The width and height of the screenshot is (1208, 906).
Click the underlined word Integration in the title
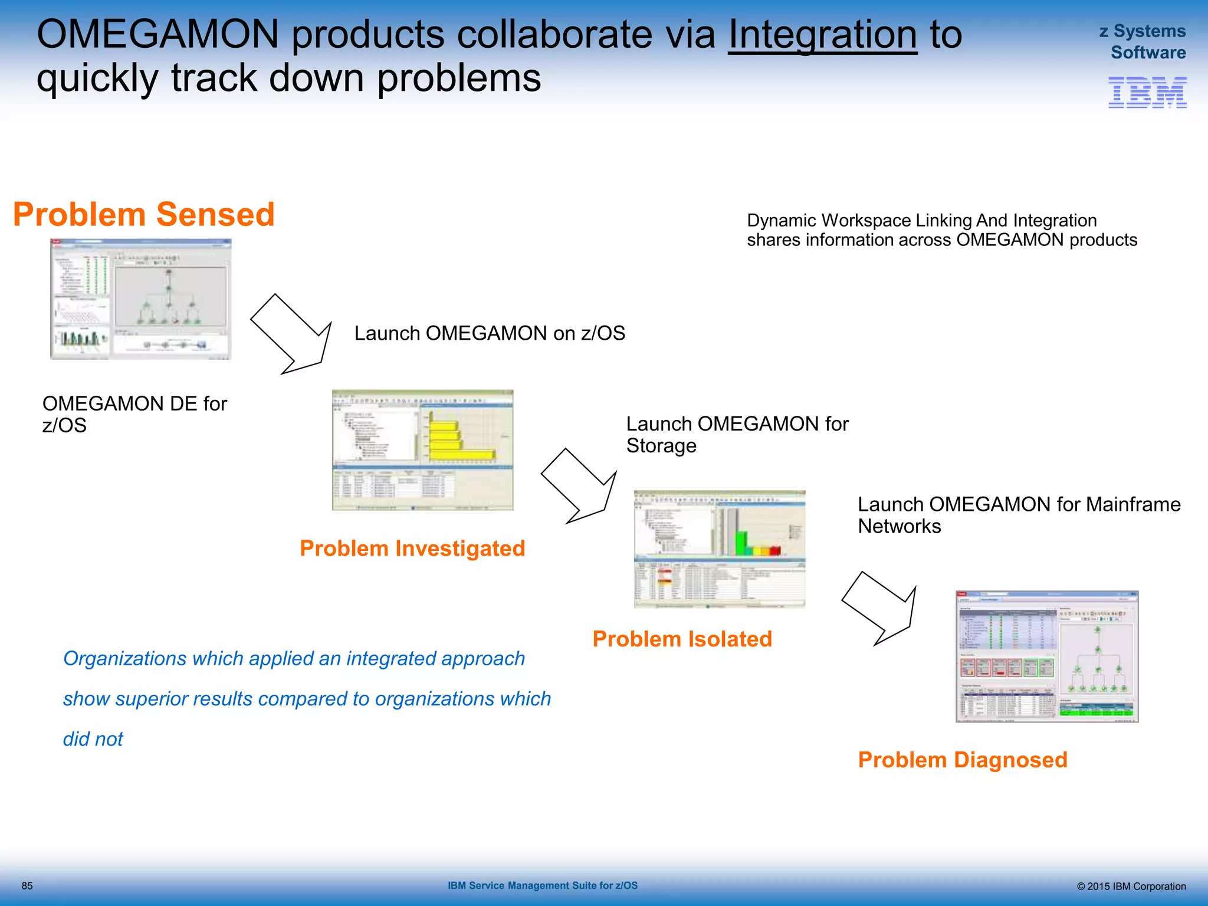[x=822, y=34]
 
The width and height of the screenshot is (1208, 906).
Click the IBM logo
[x=1147, y=93]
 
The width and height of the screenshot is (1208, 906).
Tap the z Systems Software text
[x=1143, y=41]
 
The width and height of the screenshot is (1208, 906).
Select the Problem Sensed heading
[x=144, y=214]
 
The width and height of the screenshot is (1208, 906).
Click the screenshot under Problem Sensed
[x=140, y=299]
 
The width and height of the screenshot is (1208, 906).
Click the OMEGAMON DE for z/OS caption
[x=134, y=414]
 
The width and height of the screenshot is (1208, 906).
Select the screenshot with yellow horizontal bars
[x=422, y=450]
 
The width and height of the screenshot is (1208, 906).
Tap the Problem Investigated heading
[x=412, y=549]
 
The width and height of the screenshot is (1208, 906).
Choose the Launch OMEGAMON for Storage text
[x=737, y=434]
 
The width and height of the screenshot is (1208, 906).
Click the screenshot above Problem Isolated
[x=719, y=549]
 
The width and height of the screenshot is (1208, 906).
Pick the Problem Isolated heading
[x=682, y=639]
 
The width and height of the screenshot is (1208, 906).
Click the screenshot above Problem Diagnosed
[x=1046, y=656]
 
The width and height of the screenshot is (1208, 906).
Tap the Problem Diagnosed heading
[x=962, y=760]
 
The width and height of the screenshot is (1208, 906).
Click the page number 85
[x=27, y=886]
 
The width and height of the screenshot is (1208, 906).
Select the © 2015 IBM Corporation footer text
[x=1131, y=887]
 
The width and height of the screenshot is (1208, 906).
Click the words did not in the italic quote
[x=93, y=739]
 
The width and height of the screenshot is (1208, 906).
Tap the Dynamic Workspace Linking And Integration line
[x=921, y=221]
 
